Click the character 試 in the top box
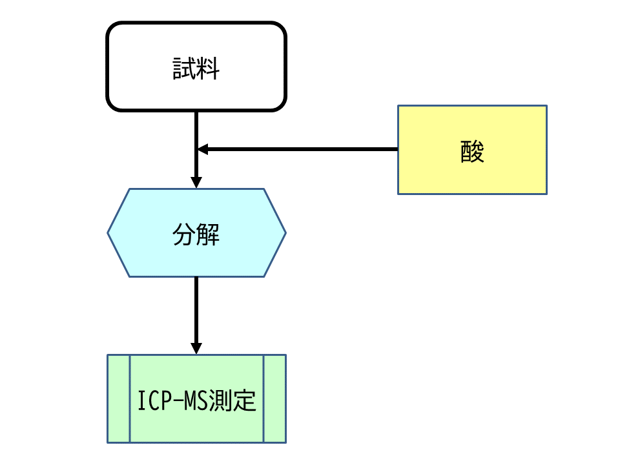click(185, 68)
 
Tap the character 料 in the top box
click(208, 68)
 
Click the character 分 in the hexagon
click(185, 234)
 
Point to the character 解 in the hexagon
click(208, 234)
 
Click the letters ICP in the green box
click(154, 401)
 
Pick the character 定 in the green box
click(245, 401)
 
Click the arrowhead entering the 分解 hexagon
click(196, 183)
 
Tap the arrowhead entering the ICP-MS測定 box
click(196, 349)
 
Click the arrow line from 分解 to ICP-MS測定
click(196, 310)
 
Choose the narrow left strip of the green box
click(119, 398)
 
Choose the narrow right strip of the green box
click(274, 398)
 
